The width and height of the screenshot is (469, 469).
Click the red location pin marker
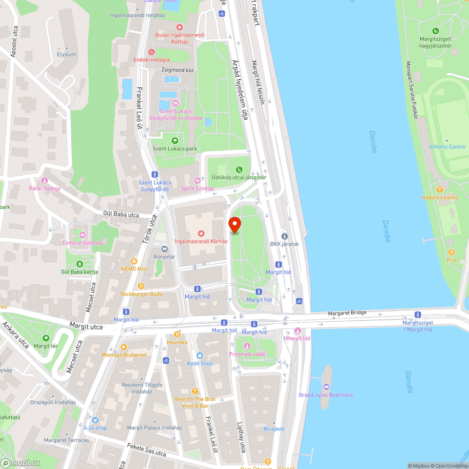234,225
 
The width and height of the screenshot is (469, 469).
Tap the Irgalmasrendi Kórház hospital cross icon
201,233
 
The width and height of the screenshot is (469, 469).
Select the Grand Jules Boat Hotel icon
326,386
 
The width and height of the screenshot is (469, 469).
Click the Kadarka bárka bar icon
439,189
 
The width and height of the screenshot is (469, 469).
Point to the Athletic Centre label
446,147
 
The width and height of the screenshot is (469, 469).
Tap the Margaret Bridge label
347,313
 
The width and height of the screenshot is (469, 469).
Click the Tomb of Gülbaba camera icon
83,234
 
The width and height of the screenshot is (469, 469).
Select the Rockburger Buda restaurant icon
141,286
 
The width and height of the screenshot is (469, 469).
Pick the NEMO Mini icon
134,261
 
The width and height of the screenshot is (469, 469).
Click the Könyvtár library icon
164,249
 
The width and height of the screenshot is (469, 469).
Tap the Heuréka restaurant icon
177,334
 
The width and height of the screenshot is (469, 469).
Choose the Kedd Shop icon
200,356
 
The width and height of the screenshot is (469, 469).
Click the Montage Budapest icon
124,347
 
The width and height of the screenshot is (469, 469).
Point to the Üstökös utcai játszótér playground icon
239,169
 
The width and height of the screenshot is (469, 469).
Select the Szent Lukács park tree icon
175,140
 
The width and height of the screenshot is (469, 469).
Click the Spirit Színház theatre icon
197,181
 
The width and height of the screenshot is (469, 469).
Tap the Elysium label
66,54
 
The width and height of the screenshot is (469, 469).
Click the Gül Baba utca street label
121,215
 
